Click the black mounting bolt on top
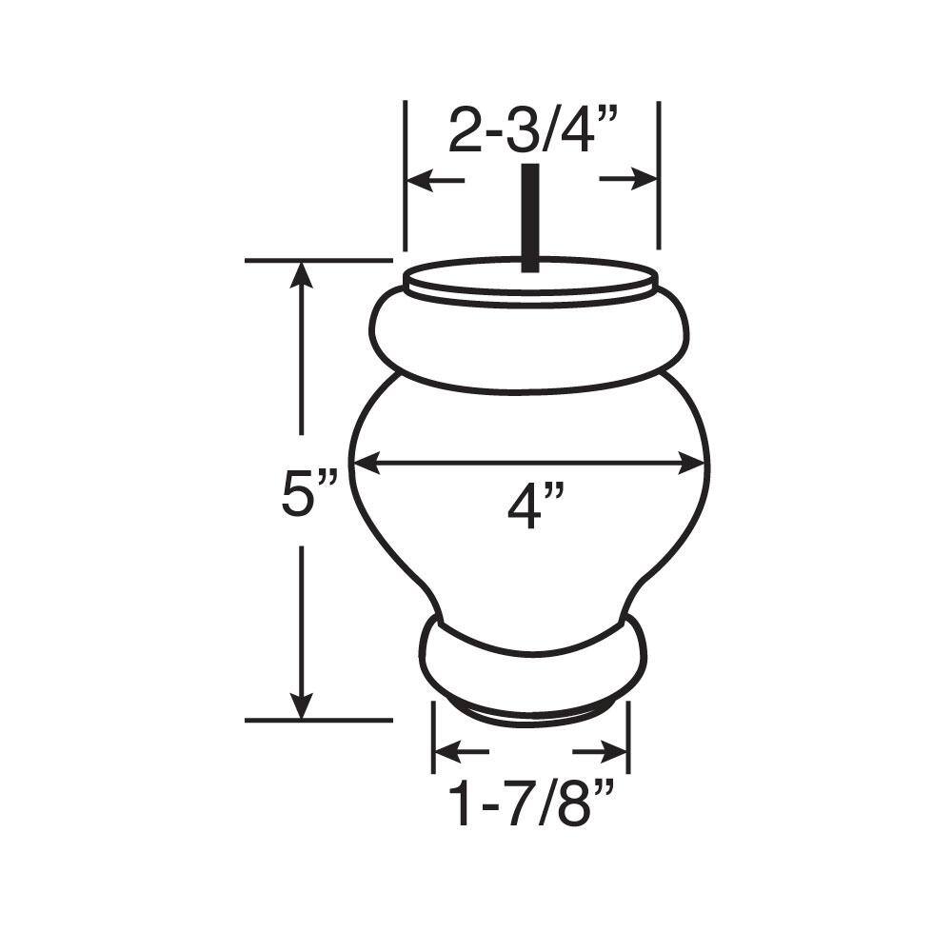coord(529,217)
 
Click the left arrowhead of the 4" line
coord(367,465)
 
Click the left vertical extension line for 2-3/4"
coord(406,171)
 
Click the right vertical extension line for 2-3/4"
coord(659,171)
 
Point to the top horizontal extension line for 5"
coord(319,259)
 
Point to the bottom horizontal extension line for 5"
coord(319,721)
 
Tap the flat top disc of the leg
coord(495,280)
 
